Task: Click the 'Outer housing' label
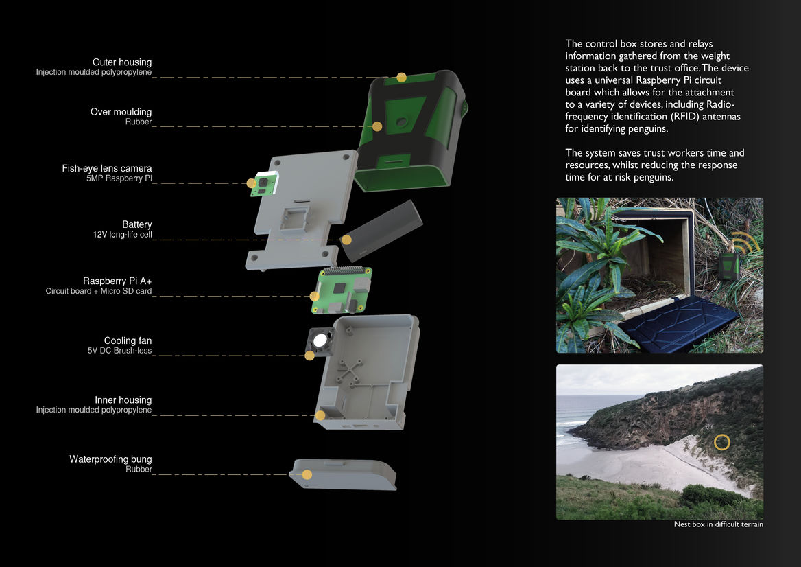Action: pos(122,62)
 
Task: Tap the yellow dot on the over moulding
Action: pos(377,126)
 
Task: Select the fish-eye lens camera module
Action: pos(263,184)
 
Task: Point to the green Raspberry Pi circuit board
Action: pos(342,290)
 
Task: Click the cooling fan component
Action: pos(320,340)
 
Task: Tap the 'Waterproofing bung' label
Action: pos(110,459)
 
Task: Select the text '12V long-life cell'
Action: pos(123,235)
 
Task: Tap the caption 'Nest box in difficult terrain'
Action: pos(718,524)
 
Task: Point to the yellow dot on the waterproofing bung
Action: pos(307,474)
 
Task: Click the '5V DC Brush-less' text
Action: pos(119,351)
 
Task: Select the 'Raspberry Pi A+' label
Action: pos(117,281)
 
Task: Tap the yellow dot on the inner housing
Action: pos(320,415)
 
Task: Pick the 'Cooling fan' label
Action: pos(128,340)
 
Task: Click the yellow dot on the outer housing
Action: pos(401,77)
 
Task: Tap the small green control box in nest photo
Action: pos(729,266)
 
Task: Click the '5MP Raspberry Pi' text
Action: pos(119,178)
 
